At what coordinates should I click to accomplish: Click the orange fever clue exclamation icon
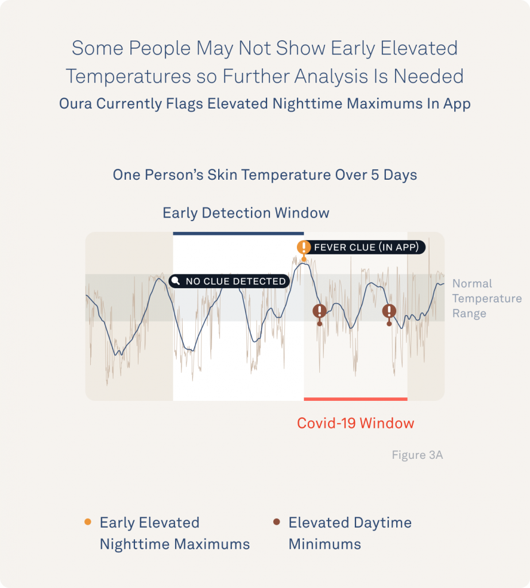click(x=304, y=247)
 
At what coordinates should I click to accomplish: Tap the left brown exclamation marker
click(x=320, y=311)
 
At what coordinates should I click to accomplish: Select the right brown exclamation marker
click(x=389, y=311)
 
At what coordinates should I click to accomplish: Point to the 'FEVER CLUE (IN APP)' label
click(x=366, y=247)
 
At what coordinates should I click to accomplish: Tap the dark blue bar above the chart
click(x=238, y=234)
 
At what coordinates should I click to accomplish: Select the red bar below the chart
click(x=355, y=399)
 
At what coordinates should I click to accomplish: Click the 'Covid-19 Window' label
click(x=355, y=423)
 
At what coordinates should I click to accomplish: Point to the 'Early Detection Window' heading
click(x=246, y=213)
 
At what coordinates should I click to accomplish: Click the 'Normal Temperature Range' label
click(x=487, y=298)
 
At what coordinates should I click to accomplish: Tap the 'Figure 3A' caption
click(x=417, y=455)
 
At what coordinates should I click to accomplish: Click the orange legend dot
click(x=88, y=521)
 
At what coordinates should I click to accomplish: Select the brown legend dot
click(x=277, y=521)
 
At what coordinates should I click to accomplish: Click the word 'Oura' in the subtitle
click(x=75, y=103)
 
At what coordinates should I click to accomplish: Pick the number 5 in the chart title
click(x=375, y=175)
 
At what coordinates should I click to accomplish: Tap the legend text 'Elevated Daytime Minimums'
click(x=350, y=533)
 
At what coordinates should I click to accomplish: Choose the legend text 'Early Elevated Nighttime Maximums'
click(x=175, y=533)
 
